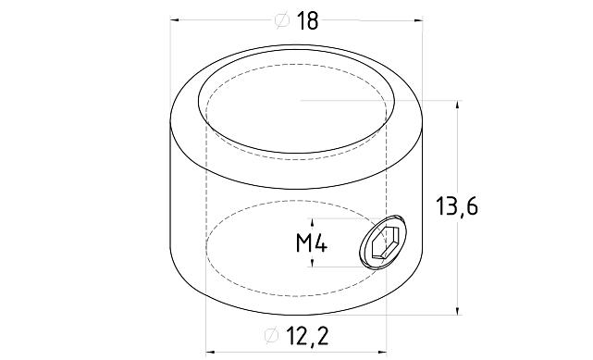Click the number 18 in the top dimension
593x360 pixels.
(308, 20)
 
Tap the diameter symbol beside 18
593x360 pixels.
(282, 20)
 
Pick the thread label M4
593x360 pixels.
(309, 244)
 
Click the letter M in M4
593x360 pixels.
(303, 244)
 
